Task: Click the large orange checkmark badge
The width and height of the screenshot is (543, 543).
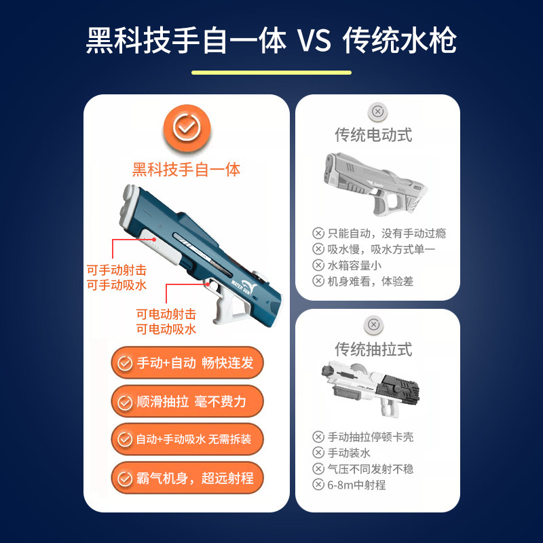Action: click(x=187, y=128)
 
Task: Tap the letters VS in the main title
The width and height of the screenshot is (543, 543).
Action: click(x=314, y=40)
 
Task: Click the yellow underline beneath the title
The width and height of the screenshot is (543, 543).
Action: click(x=271, y=73)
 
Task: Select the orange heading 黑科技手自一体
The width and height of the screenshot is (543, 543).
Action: click(x=186, y=170)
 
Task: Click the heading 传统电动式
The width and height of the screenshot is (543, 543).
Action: click(x=373, y=134)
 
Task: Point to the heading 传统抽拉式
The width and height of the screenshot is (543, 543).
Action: click(x=373, y=349)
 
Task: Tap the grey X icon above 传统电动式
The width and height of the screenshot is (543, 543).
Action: click(x=377, y=112)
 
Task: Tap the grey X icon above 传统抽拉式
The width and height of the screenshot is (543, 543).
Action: click(x=374, y=325)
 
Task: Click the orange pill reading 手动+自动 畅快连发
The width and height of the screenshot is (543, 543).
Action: click(x=187, y=362)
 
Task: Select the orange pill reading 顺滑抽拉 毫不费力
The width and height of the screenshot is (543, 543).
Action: click(x=187, y=401)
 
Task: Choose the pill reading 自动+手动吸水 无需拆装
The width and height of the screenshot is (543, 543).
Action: click(x=187, y=439)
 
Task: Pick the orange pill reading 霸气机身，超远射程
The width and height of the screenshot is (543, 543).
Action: click(x=187, y=478)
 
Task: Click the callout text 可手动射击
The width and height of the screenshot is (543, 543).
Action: click(x=117, y=270)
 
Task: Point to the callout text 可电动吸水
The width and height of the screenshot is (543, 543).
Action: click(x=166, y=329)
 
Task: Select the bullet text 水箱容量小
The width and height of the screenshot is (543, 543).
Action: click(x=354, y=265)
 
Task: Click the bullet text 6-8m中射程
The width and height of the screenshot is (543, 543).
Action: click(x=356, y=485)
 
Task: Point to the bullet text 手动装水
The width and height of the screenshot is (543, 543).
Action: click(x=349, y=453)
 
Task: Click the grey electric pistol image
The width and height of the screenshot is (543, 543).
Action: click(x=375, y=184)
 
